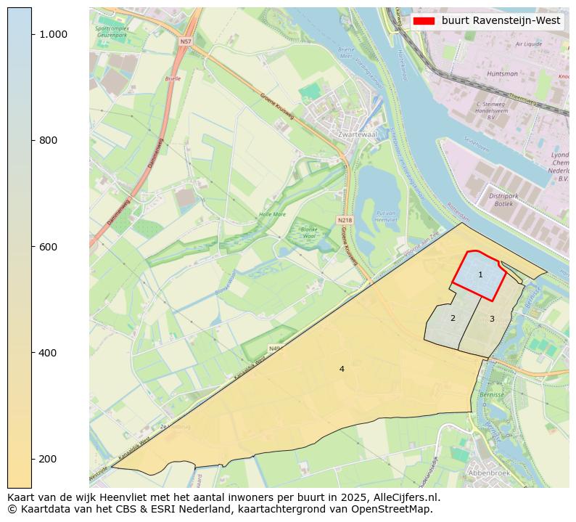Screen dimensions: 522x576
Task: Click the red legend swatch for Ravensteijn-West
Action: pos(424,21)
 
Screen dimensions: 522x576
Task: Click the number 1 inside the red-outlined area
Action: pos(480,274)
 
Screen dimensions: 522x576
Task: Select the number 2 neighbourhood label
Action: pos(453,318)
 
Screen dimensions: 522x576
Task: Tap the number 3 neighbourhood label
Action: pos(492,319)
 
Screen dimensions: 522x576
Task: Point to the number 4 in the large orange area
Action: pos(342,369)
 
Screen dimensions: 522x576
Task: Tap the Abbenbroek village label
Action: pos(490,473)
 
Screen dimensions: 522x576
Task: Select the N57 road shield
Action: pos(186,42)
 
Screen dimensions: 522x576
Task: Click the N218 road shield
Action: pos(345,219)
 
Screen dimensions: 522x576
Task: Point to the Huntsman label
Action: pos(503,73)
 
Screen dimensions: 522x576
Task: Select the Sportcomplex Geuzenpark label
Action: pos(112,31)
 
